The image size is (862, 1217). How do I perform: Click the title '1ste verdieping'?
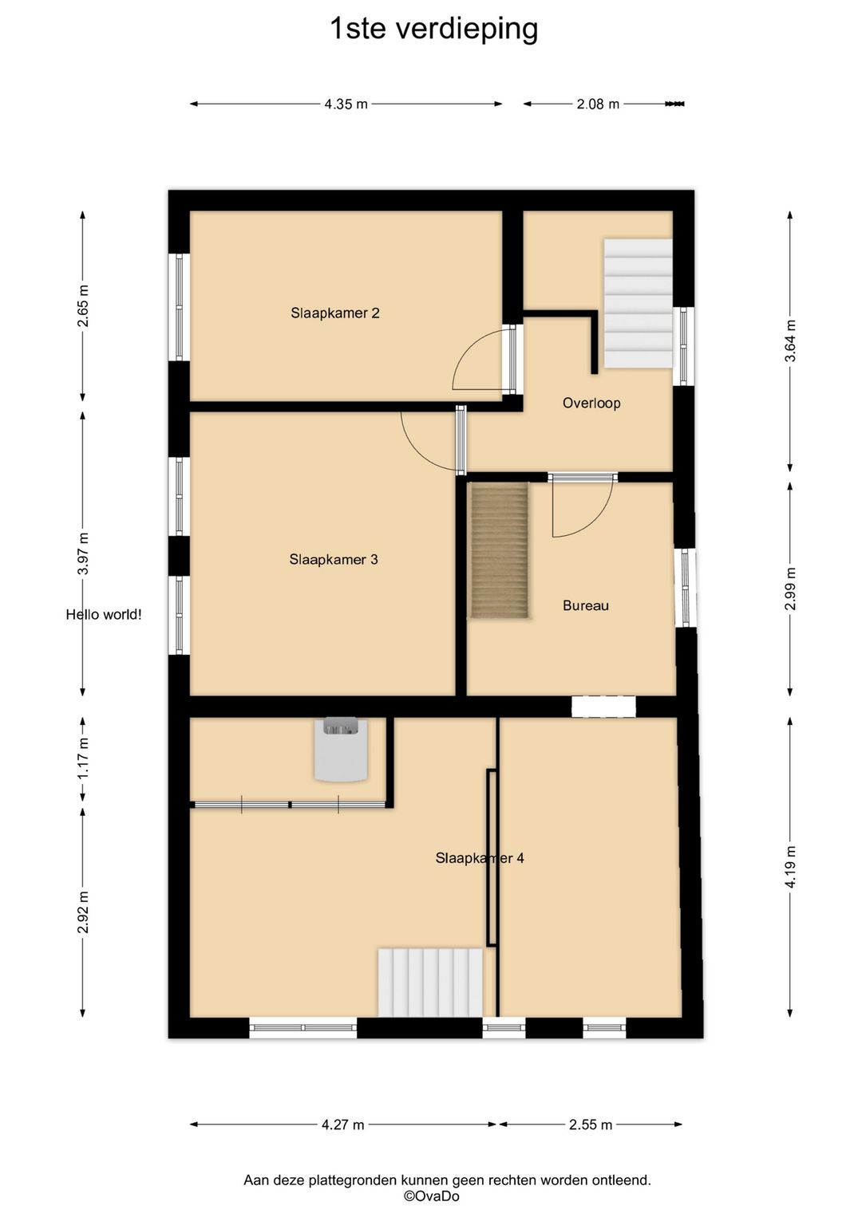point(434,30)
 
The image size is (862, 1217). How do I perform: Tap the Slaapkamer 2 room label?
point(335,313)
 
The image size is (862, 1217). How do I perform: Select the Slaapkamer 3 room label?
point(334,559)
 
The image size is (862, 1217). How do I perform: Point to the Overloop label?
point(591,403)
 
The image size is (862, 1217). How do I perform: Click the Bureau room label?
point(586,605)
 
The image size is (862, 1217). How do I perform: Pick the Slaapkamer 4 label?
point(480,858)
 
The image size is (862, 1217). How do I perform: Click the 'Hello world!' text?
point(104,614)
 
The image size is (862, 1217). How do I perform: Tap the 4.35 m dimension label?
point(346,104)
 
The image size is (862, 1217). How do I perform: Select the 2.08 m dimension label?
point(598,104)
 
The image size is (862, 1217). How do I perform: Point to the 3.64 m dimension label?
point(790,341)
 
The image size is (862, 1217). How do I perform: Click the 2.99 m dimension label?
point(790,589)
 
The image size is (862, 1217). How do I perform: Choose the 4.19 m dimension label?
point(790,867)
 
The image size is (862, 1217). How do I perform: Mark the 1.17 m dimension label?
point(83,758)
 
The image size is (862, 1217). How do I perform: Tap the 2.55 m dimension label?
point(591,1124)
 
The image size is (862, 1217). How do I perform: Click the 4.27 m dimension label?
point(342,1124)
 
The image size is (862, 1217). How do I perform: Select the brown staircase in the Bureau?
point(500,550)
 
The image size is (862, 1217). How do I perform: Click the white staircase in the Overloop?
point(639,303)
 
